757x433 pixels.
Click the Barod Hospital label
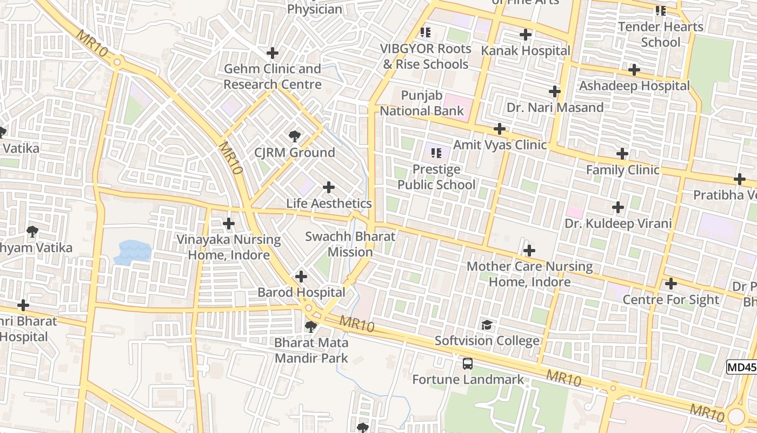(x=301, y=292)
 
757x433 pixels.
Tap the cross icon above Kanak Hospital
(x=525, y=35)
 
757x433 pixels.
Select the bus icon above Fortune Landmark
(x=468, y=364)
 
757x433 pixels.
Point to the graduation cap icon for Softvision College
(x=487, y=325)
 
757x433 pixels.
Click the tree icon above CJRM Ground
(x=295, y=136)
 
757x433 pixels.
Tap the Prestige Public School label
(x=436, y=177)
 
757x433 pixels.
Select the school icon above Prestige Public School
(x=436, y=153)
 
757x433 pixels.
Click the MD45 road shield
(x=741, y=368)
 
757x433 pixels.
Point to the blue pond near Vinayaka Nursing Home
(x=132, y=252)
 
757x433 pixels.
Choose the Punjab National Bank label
(x=422, y=103)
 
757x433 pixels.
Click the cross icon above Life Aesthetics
(x=328, y=187)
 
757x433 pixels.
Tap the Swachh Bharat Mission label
(x=350, y=244)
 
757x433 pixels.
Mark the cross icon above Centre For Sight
(x=670, y=284)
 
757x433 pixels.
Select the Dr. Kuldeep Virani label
(x=618, y=224)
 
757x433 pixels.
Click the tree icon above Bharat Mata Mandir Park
(x=310, y=326)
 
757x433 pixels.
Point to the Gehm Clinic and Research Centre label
(x=273, y=77)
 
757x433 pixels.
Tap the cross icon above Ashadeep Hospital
(x=634, y=70)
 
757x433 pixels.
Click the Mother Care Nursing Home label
(x=529, y=274)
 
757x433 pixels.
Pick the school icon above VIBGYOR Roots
(x=426, y=32)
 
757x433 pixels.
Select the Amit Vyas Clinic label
(x=500, y=145)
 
